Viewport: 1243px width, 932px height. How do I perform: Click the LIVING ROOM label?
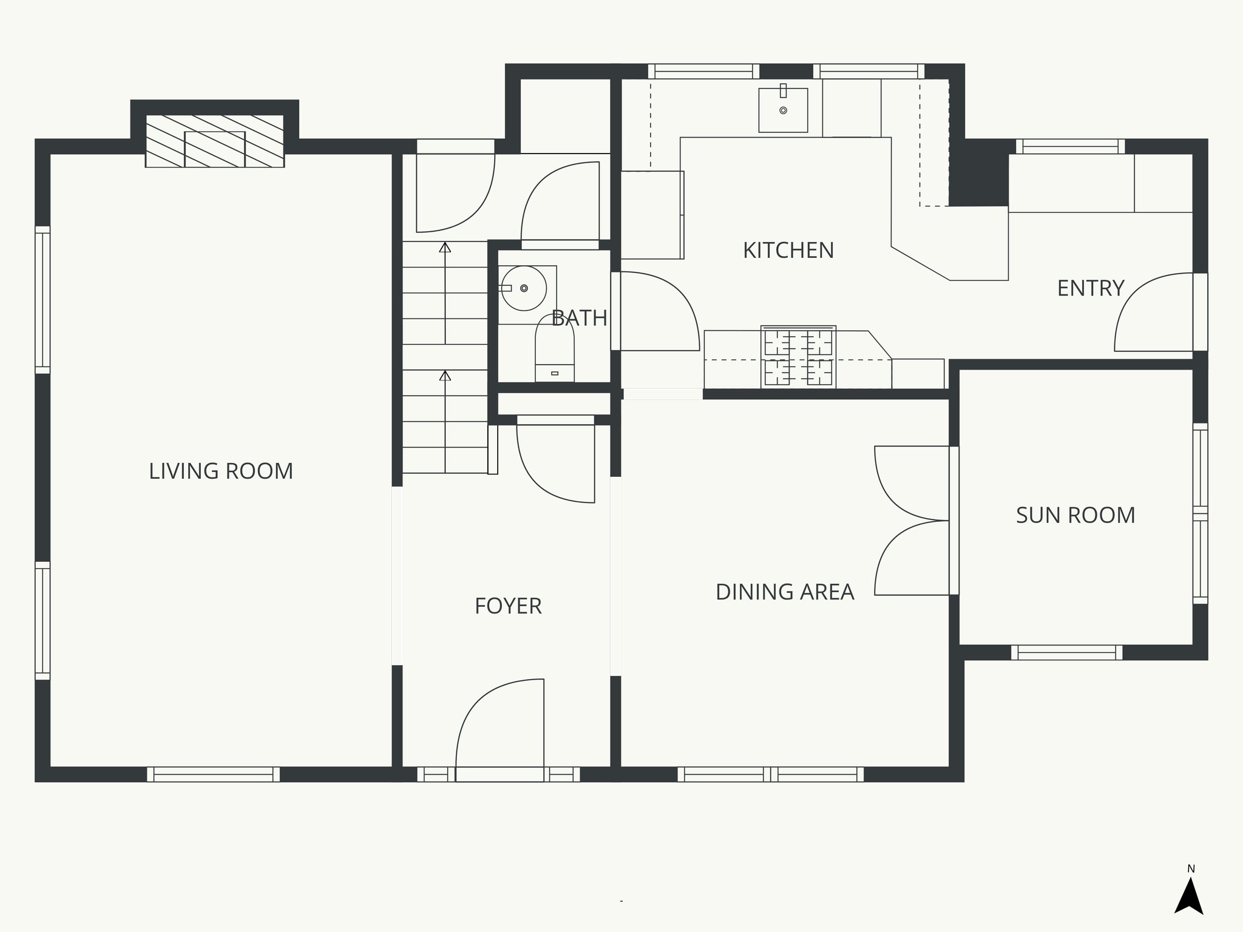pyautogui.click(x=221, y=471)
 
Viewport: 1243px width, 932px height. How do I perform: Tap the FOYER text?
pyautogui.click(x=508, y=606)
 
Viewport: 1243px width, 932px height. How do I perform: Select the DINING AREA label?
pyautogui.click(x=785, y=592)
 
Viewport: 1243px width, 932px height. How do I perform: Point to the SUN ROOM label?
pyautogui.click(x=1075, y=516)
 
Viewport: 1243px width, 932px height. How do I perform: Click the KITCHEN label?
pyautogui.click(x=788, y=251)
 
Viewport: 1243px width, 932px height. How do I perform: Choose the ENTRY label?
pyautogui.click(x=1091, y=288)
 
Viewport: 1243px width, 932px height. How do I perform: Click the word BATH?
pyautogui.click(x=580, y=318)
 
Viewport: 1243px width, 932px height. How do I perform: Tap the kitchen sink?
pyautogui.click(x=783, y=110)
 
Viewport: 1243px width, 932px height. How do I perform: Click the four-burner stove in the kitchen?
pyautogui.click(x=798, y=357)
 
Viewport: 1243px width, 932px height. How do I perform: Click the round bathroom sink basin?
pyautogui.click(x=523, y=288)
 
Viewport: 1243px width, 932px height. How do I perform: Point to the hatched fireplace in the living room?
pyautogui.click(x=215, y=141)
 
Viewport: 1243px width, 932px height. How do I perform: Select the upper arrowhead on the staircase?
pyautogui.click(x=445, y=248)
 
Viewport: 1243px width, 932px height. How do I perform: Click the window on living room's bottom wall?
pyautogui.click(x=214, y=774)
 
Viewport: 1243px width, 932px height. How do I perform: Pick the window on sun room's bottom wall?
pyautogui.click(x=1066, y=653)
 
